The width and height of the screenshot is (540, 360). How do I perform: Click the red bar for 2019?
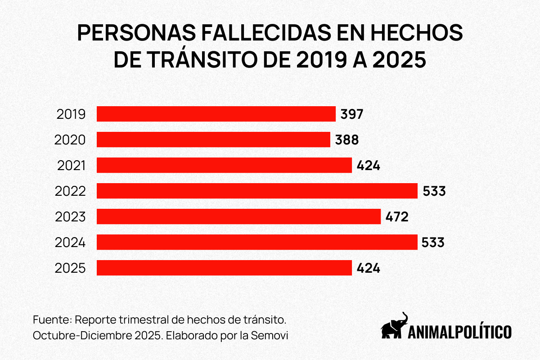point(216,114)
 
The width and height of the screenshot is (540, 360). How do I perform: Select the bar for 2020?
point(213,139)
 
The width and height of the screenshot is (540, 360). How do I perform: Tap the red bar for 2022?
point(257,191)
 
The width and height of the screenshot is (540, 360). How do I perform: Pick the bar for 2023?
point(238,216)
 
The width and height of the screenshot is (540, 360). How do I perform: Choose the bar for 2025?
point(224,268)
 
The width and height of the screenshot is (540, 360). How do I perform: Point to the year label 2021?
point(71,166)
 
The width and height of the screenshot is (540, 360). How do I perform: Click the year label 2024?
point(70,243)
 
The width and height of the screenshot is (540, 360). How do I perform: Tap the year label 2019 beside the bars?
point(71,114)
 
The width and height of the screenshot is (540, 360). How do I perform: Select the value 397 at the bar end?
point(351,114)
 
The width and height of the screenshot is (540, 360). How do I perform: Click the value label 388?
point(347,140)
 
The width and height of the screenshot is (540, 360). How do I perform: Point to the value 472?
point(397,217)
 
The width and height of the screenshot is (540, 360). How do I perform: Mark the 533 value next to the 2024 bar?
point(433,243)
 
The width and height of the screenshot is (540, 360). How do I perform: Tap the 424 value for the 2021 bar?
point(369,166)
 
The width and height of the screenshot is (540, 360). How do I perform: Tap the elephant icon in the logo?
point(394,326)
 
